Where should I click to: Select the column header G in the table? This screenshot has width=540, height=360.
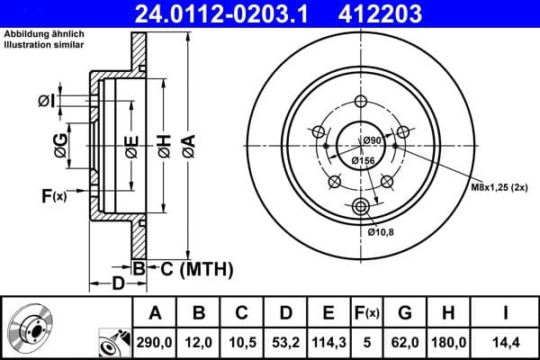pyautogui.click(x=405, y=312)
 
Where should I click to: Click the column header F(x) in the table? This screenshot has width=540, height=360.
pyautogui.click(x=367, y=312)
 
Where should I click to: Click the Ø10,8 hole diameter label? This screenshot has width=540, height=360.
pyautogui.click(x=382, y=232)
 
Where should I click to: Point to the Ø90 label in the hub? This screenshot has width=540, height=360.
pyautogui.click(x=373, y=140)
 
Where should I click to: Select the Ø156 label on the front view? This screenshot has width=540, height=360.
pyautogui.click(x=363, y=160)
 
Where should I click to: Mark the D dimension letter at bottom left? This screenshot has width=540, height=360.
pyautogui.click(x=118, y=284)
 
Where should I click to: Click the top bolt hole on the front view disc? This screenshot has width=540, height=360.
pyautogui.click(x=363, y=101)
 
